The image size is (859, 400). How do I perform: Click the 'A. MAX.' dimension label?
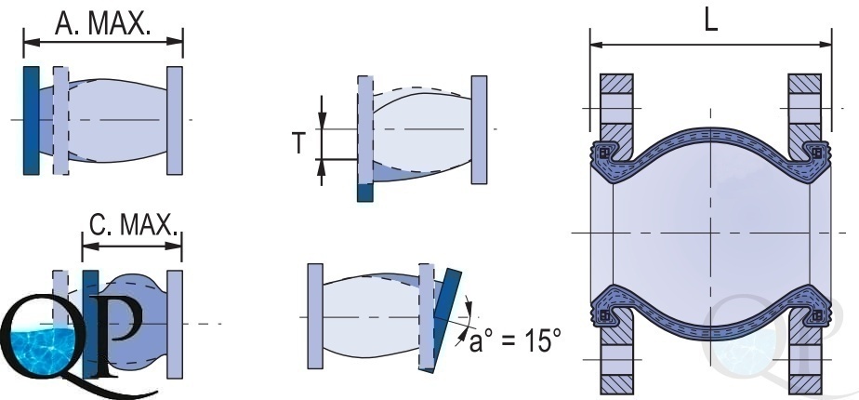coord(103,23)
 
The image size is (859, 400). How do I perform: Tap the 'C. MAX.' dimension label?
coord(134,224)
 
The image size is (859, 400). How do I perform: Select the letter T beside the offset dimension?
coord(298,143)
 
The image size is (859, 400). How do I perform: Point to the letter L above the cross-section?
coord(710,20)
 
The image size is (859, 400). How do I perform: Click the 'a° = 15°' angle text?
coord(516,340)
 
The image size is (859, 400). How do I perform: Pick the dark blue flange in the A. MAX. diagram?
coord(32,121)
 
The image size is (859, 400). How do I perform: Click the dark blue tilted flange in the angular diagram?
coord(447,321)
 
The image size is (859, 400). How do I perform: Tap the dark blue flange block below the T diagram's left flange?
coord(364,192)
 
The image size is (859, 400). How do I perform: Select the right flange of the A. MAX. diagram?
coord(175,121)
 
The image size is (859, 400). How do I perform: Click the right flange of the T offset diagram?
coord(479,130)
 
